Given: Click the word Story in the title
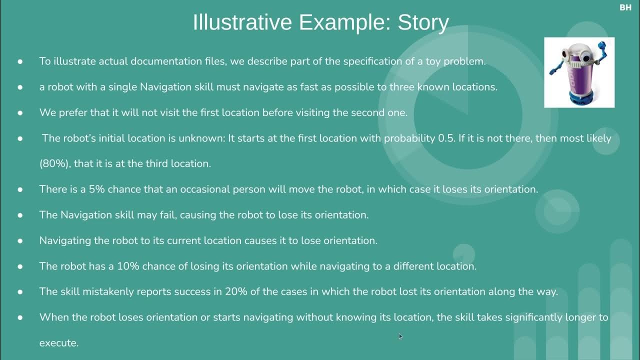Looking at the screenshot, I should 423,23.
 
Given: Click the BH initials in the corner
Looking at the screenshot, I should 625,7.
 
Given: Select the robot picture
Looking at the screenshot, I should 579,72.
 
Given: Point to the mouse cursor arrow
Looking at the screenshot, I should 400,336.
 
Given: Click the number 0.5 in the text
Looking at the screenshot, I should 445,138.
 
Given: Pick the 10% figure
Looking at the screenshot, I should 128,266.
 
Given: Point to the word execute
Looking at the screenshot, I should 58,343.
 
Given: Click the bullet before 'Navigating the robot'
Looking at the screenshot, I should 20,240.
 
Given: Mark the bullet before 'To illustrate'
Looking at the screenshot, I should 20,61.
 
